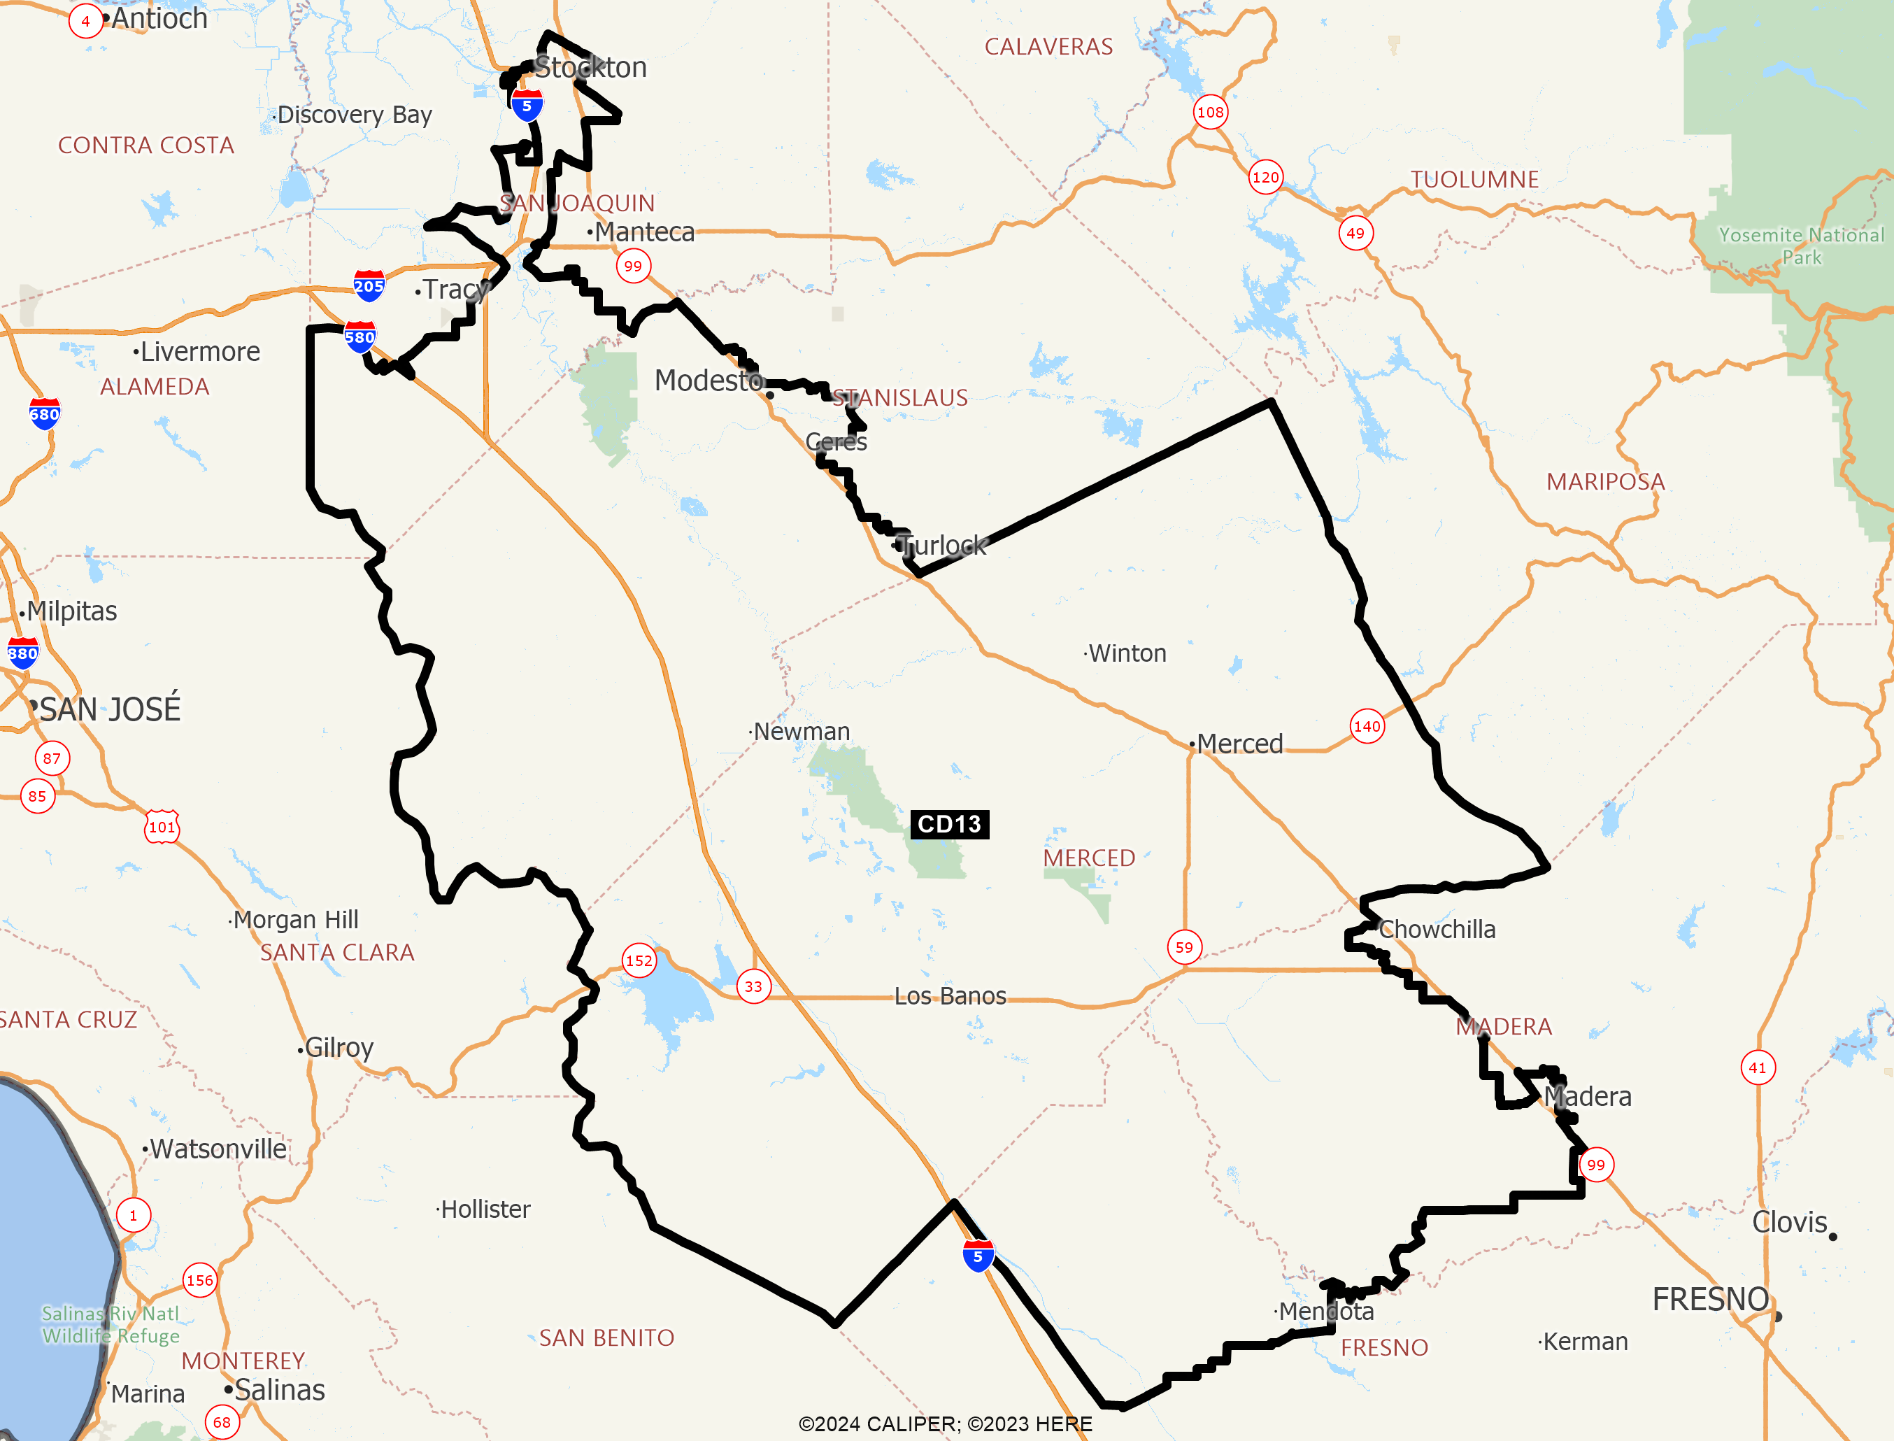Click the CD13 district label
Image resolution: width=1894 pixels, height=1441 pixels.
click(949, 824)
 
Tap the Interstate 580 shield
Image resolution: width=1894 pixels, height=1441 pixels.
click(360, 337)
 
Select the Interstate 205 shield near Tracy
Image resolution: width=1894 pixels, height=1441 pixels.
click(369, 285)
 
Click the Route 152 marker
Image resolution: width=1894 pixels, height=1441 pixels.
click(639, 960)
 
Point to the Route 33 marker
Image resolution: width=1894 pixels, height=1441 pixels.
click(754, 986)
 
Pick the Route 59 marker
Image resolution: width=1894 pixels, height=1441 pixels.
click(1184, 947)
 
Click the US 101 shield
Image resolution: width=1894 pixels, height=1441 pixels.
click(162, 827)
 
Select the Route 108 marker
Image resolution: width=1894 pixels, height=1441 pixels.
click(1210, 111)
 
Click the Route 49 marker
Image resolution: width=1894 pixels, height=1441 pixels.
click(1355, 232)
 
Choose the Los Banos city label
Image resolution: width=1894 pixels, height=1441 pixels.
click(950, 996)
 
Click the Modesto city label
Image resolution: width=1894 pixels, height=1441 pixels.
click(709, 380)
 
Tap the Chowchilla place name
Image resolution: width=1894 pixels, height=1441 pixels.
click(1437, 929)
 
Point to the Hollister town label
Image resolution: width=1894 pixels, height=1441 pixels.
click(485, 1209)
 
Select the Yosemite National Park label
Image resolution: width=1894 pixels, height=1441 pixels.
click(1802, 246)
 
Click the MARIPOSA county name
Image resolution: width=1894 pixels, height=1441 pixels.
click(1606, 481)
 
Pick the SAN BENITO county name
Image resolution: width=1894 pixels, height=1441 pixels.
click(606, 1338)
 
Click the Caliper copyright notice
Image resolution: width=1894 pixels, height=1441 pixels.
click(945, 1424)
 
